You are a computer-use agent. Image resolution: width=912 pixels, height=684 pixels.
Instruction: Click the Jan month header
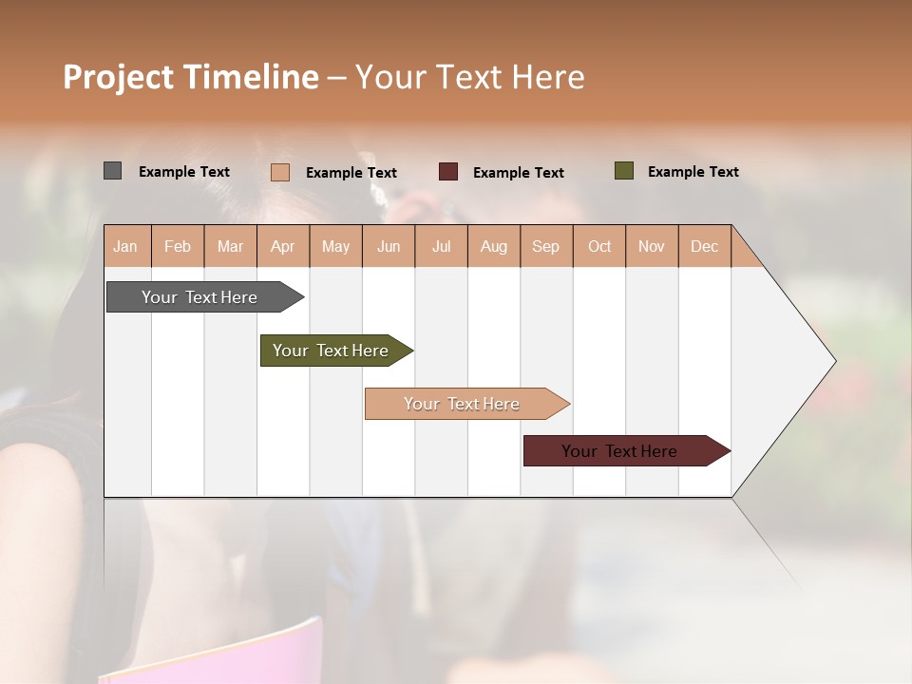point(125,247)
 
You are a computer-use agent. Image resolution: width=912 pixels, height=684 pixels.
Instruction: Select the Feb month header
point(178,247)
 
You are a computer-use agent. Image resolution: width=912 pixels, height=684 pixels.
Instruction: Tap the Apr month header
point(282,247)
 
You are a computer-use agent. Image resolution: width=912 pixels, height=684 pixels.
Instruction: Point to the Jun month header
point(388,247)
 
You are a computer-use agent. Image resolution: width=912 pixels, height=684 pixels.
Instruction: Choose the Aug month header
point(493,247)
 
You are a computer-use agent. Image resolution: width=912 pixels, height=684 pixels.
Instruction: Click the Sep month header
point(545,247)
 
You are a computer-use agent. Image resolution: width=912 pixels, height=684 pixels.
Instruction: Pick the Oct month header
point(599,247)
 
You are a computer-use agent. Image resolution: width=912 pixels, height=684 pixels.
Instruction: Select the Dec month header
point(704,247)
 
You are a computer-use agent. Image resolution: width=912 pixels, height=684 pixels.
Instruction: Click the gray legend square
point(112,171)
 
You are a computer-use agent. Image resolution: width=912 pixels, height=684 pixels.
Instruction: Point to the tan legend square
point(279,172)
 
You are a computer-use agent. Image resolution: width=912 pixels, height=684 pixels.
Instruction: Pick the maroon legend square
point(447,172)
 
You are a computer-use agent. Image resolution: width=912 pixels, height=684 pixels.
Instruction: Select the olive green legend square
point(623,171)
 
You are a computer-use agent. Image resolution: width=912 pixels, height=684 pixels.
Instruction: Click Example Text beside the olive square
point(693,172)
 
